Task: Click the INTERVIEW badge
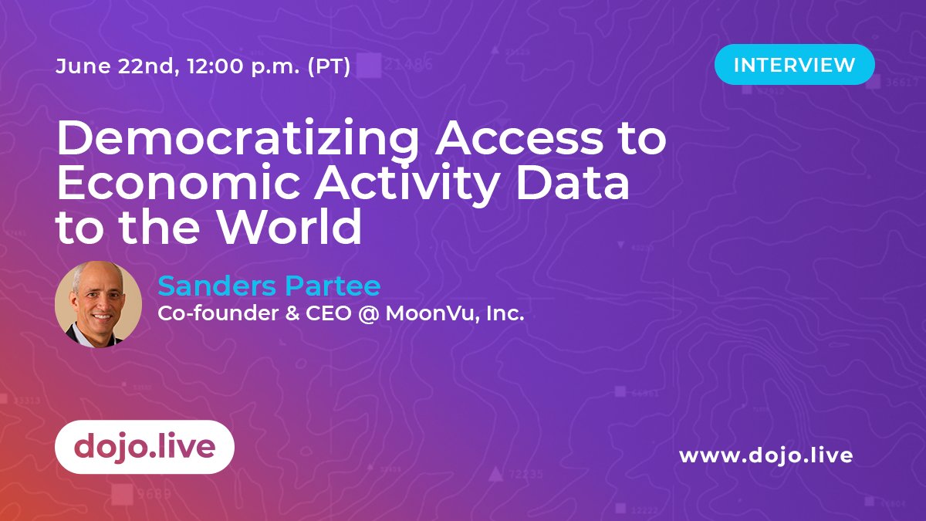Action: [794, 65]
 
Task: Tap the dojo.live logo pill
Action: [144, 447]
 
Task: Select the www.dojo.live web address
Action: [765, 455]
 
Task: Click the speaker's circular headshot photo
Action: [99, 304]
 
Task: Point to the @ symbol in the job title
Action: [367, 315]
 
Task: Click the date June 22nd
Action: [111, 67]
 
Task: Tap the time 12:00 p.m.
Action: [240, 67]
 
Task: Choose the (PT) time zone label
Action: [329, 67]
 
